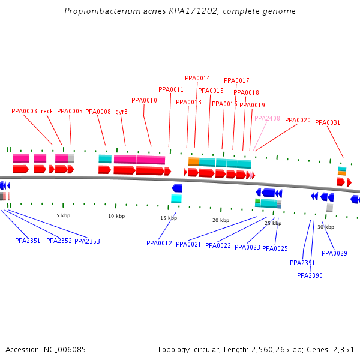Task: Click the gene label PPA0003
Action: pos(24,111)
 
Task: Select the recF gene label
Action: pos(47,111)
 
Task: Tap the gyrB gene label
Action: pos(121,112)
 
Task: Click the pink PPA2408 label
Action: pos(267,118)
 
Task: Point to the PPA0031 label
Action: pos(328,122)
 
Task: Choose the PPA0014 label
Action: pos(197,78)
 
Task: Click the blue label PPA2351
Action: pos(28,241)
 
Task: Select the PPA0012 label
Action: pos(159,243)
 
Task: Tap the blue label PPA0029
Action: pos(334,253)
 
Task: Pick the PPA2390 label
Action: pos(310,275)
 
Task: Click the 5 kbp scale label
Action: pos(63,215)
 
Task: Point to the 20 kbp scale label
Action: pos(221,220)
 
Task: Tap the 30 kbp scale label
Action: pos(326,227)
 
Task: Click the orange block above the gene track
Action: pos(194,161)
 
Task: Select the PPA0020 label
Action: pos(298,120)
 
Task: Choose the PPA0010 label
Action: pos(144,100)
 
